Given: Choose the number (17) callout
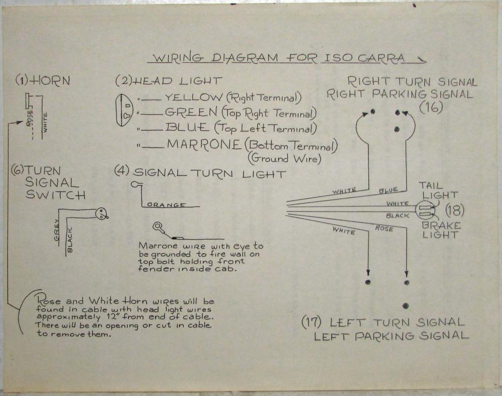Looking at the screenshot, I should point(311,322).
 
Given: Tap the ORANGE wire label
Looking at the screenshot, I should point(167,205).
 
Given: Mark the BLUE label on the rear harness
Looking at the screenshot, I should point(388,190).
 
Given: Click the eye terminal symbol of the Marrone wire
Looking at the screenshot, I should point(159,226).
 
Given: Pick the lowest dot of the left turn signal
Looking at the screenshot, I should point(405,306).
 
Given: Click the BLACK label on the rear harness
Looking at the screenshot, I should point(398,216).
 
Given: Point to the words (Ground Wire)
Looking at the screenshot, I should point(283,159).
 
